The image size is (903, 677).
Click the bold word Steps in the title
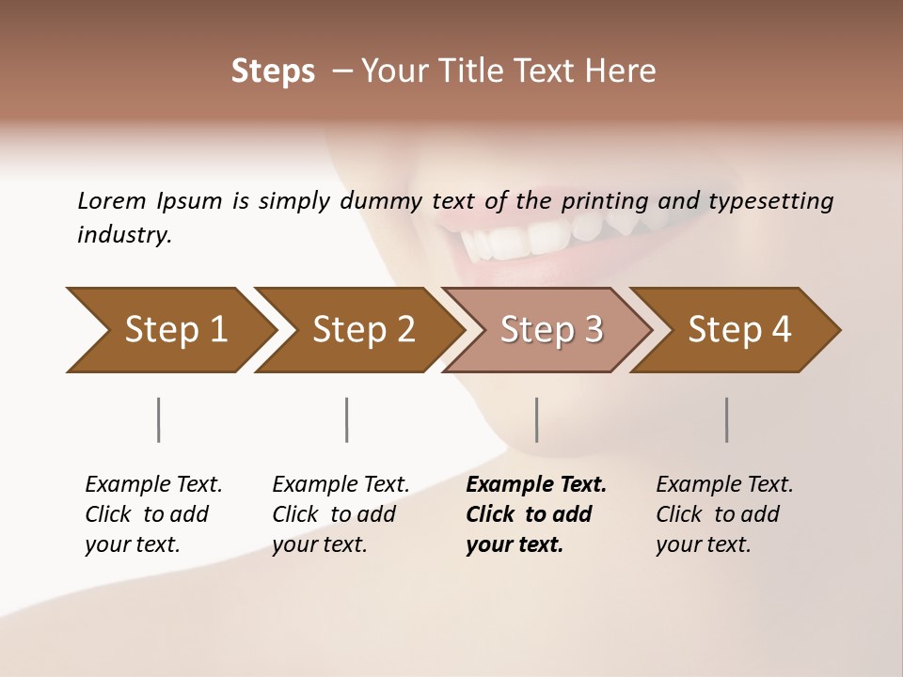point(273,71)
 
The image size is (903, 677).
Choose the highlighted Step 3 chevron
point(551,330)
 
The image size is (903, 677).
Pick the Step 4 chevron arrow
point(739,330)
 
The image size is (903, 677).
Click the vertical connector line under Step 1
point(159,419)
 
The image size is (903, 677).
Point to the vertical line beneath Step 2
point(347,419)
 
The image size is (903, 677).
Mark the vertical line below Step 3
point(537,419)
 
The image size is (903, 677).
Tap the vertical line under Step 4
point(727,419)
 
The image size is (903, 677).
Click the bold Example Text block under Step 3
point(536,513)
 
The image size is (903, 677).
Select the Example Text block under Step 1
point(153,513)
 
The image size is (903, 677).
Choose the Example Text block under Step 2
point(341,513)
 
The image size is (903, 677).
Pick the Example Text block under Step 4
point(724,513)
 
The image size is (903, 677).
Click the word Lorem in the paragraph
point(111,200)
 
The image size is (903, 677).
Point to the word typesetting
point(776,201)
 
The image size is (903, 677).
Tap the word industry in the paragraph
point(124,235)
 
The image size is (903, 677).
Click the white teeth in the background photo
point(527,240)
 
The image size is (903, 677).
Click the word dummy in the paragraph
point(382,201)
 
